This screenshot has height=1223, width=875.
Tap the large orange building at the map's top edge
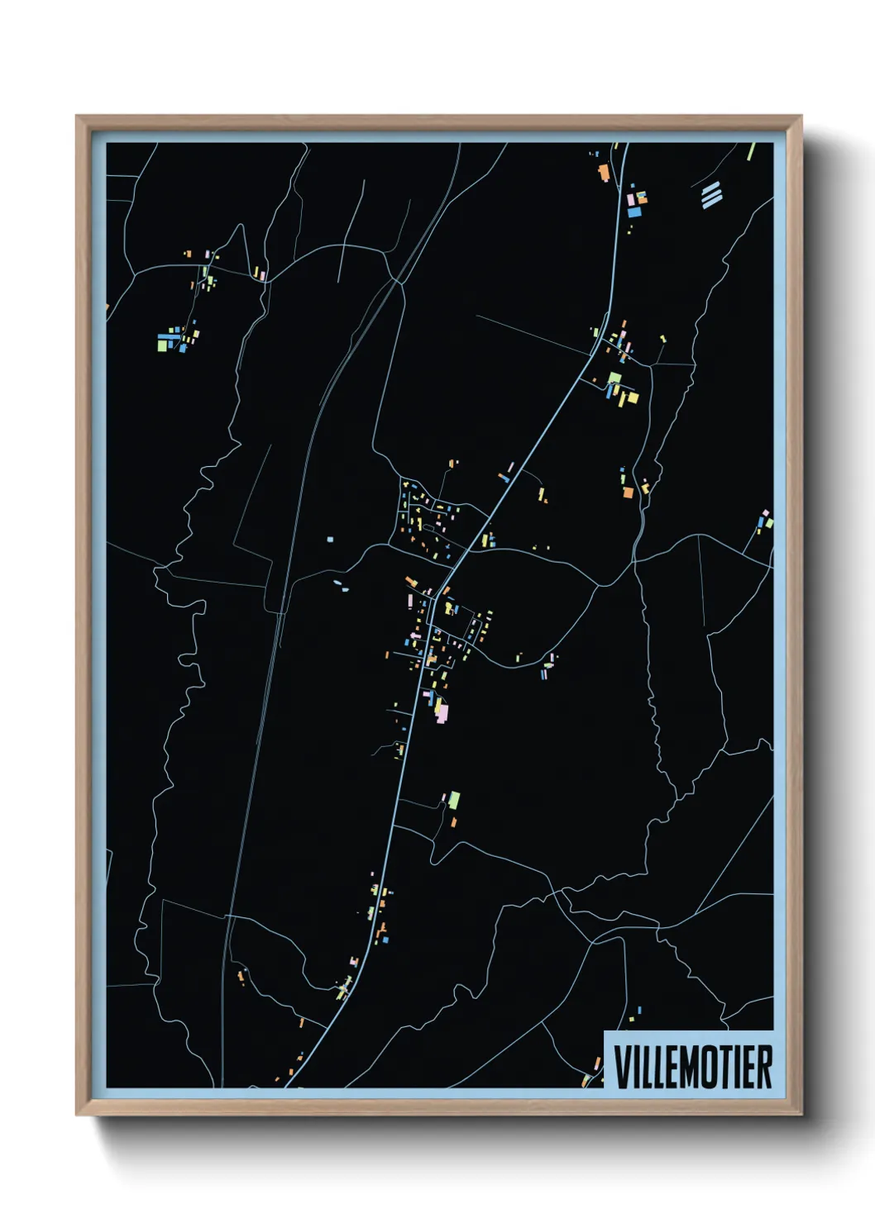(604, 173)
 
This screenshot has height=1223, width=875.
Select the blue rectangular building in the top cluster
(634, 212)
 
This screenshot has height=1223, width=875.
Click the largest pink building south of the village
(442, 711)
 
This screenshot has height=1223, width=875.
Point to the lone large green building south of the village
(453, 800)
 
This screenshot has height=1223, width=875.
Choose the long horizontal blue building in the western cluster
(168, 336)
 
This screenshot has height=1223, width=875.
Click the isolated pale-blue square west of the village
(330, 539)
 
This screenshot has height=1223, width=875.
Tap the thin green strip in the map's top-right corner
(751, 151)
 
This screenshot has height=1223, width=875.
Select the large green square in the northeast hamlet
(614, 378)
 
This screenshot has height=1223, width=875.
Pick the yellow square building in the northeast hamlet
(633, 397)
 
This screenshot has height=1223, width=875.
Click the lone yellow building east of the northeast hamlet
(662, 338)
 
